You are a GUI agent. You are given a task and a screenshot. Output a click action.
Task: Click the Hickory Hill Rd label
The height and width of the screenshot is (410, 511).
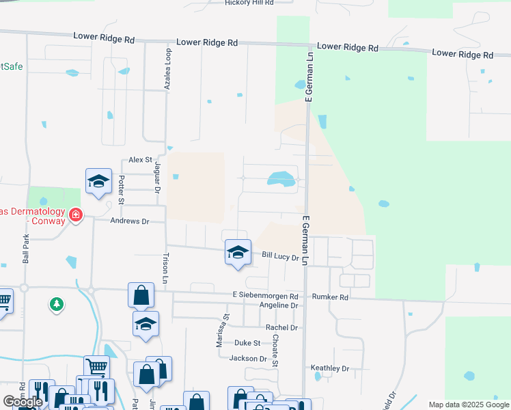pyautogui.click(x=249, y=3)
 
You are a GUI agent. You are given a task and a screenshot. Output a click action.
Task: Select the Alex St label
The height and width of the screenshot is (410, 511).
pyautogui.click(x=140, y=159)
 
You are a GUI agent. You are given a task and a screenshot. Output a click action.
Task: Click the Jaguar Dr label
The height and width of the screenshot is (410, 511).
pyautogui.click(x=156, y=181)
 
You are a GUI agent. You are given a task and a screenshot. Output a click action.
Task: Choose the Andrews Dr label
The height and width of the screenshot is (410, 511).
pyautogui.click(x=130, y=221)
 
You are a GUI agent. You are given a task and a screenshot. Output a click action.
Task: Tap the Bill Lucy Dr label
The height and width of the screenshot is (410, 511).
pyautogui.click(x=281, y=257)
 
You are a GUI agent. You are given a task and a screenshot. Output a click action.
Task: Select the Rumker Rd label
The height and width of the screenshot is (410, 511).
pyautogui.click(x=330, y=297)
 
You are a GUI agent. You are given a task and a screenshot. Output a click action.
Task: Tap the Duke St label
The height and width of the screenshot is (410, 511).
pyautogui.click(x=247, y=343)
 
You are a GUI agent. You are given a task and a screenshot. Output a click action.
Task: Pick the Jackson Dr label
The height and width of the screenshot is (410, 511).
pyautogui.click(x=248, y=358)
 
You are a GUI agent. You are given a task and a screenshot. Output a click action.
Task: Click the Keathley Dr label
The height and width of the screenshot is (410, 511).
pyautogui.click(x=330, y=368)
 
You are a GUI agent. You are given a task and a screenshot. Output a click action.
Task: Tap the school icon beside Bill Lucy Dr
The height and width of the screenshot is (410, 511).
pyautogui.click(x=237, y=252)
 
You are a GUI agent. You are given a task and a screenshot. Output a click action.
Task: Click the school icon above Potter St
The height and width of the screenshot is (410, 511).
pyautogui.click(x=98, y=181)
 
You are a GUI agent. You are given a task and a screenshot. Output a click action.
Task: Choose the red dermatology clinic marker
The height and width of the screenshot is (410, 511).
pyautogui.click(x=75, y=216)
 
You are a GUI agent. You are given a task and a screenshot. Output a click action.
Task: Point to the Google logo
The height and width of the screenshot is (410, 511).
pyautogui.click(x=23, y=402)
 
